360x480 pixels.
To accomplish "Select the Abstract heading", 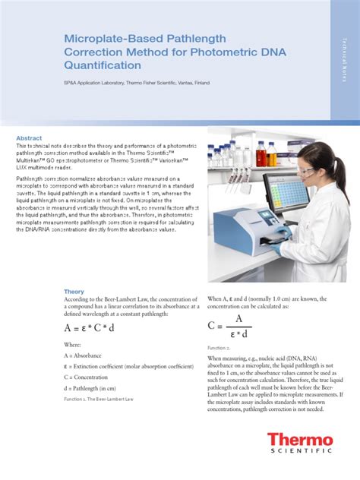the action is (x=31, y=137).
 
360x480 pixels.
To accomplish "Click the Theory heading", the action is (x=74, y=291).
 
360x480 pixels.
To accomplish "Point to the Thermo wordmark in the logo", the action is (x=299, y=440).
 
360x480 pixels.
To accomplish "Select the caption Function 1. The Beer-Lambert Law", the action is (x=98, y=397).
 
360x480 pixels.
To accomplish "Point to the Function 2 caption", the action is (x=219, y=347).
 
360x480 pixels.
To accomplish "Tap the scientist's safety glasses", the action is (x=306, y=172).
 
